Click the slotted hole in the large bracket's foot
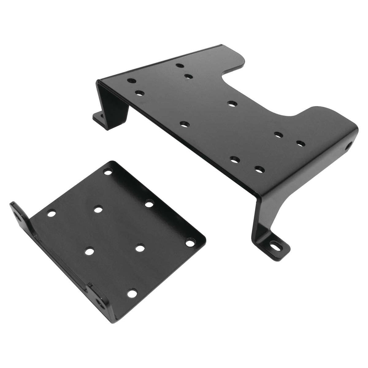[x=274, y=246]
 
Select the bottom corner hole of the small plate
[x=132, y=293]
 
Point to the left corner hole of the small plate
[x=51, y=213]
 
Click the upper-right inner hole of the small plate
[x=149, y=204]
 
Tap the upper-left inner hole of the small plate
[x=98, y=210]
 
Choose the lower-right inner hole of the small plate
[x=140, y=248]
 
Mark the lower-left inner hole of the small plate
[x=90, y=251]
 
